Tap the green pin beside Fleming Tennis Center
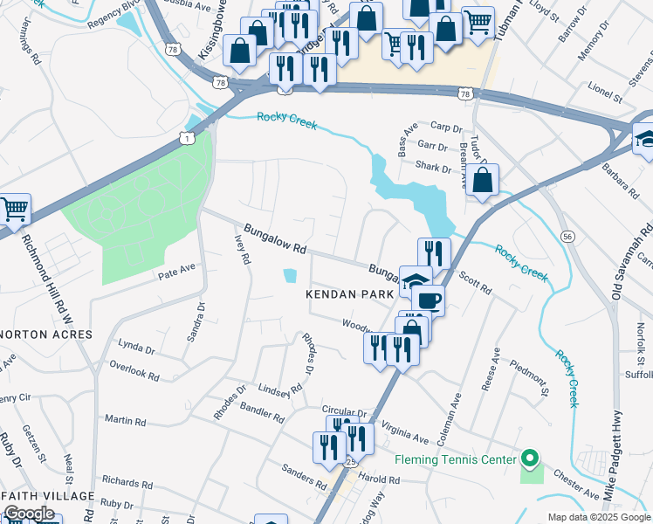point(529,458)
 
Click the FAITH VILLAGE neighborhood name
point(48,495)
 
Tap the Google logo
point(29,514)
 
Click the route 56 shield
point(567,237)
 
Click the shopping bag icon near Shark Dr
point(482,181)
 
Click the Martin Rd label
point(125,420)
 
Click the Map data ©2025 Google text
point(598,517)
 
